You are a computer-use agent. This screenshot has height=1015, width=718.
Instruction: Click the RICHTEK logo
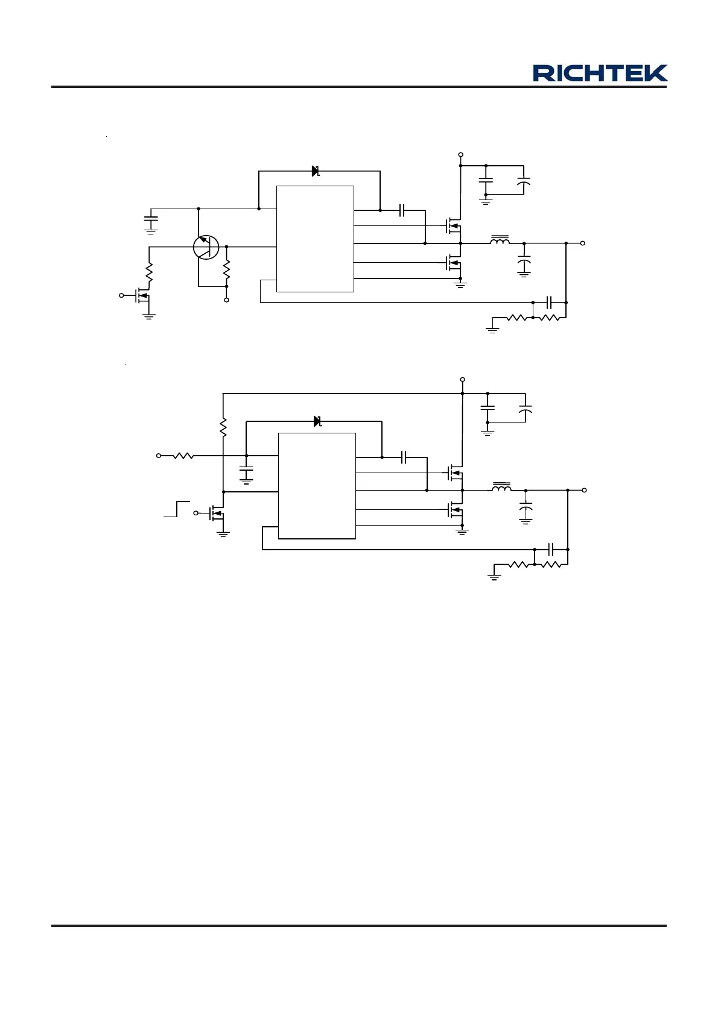click(600, 74)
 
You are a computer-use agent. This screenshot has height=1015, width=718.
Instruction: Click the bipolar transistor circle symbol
click(206, 247)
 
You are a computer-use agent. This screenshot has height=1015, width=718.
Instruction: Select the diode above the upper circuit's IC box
click(315, 171)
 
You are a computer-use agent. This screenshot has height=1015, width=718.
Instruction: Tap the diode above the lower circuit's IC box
click(317, 421)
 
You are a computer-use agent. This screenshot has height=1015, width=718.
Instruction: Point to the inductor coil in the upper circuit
click(499, 241)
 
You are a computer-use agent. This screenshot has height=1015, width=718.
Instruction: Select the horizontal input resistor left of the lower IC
click(183, 456)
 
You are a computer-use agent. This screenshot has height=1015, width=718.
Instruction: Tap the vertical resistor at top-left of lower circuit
click(223, 427)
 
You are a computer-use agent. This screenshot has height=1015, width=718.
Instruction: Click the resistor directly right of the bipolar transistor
click(227, 271)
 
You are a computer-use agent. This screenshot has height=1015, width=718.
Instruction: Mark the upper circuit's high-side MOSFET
click(453, 226)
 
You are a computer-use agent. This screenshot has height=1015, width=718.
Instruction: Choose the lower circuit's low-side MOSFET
click(456, 510)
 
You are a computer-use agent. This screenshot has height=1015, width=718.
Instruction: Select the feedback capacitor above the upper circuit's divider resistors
click(549, 302)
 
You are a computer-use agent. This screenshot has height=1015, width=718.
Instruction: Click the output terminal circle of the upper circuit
click(582, 243)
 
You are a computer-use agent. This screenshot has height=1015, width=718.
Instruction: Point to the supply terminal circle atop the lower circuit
click(462, 380)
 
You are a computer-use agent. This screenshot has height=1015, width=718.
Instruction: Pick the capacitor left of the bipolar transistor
click(151, 219)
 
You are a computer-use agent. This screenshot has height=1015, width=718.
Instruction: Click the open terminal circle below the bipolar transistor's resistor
click(227, 300)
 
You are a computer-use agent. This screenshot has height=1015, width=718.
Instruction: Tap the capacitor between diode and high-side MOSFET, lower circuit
click(404, 457)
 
